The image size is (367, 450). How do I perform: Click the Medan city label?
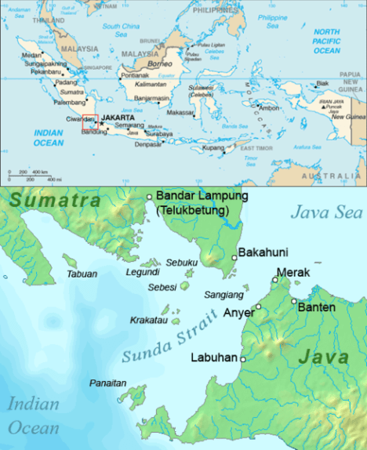[x=32, y=56]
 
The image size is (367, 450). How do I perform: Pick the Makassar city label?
[x=180, y=111]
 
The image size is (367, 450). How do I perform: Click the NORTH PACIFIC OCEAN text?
[x=327, y=40]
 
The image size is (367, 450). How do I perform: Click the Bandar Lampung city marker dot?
[x=149, y=197]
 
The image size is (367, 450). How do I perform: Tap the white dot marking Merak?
[x=274, y=280]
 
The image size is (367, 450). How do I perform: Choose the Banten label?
[x=317, y=307]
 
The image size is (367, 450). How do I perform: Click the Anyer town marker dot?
[x=258, y=307]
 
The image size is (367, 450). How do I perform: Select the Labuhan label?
[x=215, y=357]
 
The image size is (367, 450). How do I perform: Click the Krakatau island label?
[x=148, y=321]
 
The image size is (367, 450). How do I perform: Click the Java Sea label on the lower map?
[x=326, y=211]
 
